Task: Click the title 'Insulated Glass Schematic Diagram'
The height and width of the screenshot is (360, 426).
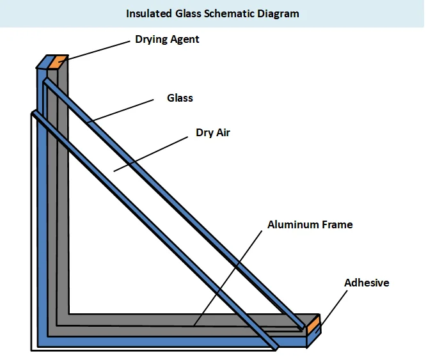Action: click(x=212, y=13)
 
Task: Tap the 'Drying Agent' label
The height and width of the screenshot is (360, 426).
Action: click(x=167, y=40)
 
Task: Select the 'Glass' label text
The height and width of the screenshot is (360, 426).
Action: click(x=180, y=98)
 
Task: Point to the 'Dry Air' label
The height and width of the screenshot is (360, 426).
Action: click(x=212, y=134)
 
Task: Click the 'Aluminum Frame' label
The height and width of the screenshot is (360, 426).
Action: click(x=310, y=224)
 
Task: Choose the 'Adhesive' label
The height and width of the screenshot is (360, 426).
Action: click(x=367, y=283)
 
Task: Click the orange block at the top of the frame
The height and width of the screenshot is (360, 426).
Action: click(x=58, y=62)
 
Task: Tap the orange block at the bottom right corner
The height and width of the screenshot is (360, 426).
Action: click(x=313, y=328)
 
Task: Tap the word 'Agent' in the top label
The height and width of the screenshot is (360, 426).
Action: click(x=185, y=40)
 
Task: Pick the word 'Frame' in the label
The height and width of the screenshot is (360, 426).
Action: click(x=338, y=224)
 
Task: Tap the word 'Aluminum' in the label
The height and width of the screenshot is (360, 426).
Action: click(x=294, y=224)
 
